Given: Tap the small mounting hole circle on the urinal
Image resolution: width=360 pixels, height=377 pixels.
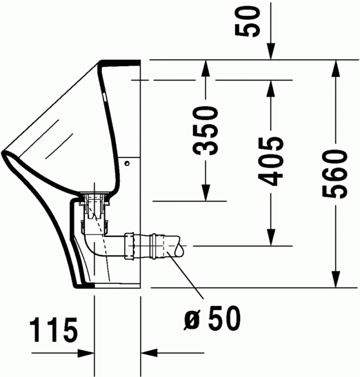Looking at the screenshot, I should tap(128, 163).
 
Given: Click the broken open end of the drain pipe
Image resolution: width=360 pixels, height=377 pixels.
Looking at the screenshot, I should tap(178, 245).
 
